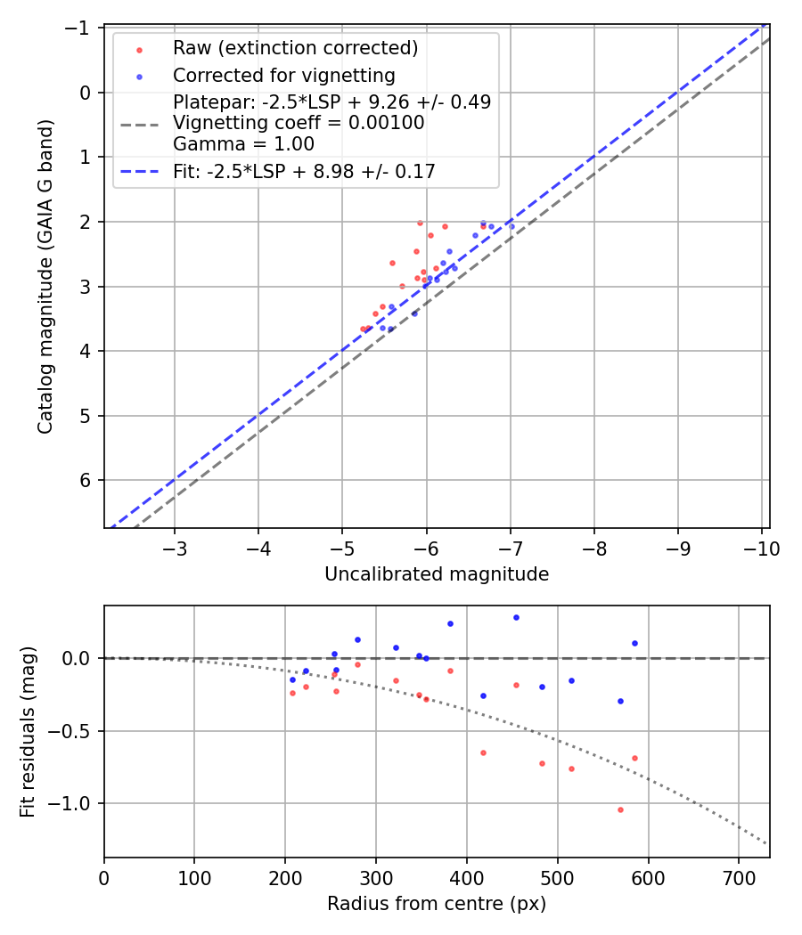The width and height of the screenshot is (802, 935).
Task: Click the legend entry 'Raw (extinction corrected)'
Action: [x=295, y=48]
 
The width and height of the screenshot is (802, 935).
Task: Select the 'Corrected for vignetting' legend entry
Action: [x=283, y=75]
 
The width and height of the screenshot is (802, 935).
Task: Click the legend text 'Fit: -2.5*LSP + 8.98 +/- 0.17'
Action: [x=304, y=172]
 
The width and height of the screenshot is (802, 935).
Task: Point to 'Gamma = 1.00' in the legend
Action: [x=243, y=144]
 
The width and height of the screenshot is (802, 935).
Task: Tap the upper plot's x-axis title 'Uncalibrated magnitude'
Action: [x=437, y=574]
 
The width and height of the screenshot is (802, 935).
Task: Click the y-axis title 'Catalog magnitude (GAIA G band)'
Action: [x=45, y=277]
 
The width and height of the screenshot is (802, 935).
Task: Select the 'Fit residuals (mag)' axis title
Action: [x=28, y=732]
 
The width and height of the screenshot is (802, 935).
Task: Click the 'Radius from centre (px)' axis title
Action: [x=437, y=904]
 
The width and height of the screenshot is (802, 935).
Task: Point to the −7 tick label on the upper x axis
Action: [x=510, y=548]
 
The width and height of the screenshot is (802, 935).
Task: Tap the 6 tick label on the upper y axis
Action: [x=86, y=481]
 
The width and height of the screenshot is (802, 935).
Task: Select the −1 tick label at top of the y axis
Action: [x=81, y=28]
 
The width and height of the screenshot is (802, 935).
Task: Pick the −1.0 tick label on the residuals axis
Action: [x=75, y=804]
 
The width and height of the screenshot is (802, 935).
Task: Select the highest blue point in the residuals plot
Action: [x=515, y=617]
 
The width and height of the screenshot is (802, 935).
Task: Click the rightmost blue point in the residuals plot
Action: [x=634, y=643]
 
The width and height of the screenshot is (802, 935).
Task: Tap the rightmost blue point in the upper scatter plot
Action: [x=511, y=226]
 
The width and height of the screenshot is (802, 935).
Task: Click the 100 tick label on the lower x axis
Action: [x=194, y=878]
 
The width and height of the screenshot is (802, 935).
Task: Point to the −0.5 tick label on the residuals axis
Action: [x=75, y=731]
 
